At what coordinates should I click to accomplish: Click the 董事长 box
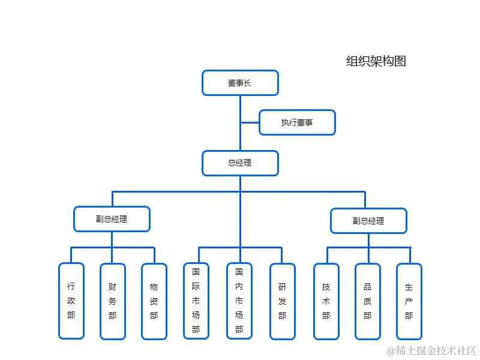(240, 83)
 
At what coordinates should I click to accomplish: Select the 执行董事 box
(297, 122)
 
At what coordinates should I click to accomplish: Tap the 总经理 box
(240, 163)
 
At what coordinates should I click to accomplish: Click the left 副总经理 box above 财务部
(112, 219)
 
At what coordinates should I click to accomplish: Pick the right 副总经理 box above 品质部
(368, 220)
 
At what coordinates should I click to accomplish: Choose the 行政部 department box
(71, 301)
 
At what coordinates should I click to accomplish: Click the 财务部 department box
(113, 301)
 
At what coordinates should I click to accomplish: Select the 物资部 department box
(154, 301)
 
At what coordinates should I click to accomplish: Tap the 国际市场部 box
(196, 301)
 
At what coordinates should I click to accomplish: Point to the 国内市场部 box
(239, 301)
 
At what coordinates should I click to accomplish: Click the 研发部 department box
(283, 301)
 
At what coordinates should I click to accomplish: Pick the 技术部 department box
(326, 301)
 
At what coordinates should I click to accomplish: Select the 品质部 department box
(368, 301)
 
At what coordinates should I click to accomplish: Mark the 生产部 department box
(409, 301)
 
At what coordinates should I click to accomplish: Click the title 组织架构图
(376, 61)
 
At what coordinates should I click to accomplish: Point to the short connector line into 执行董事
(250, 123)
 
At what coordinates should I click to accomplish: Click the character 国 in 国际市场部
(196, 272)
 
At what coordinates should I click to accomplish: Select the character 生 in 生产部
(409, 287)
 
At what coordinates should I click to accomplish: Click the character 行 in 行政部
(71, 287)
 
